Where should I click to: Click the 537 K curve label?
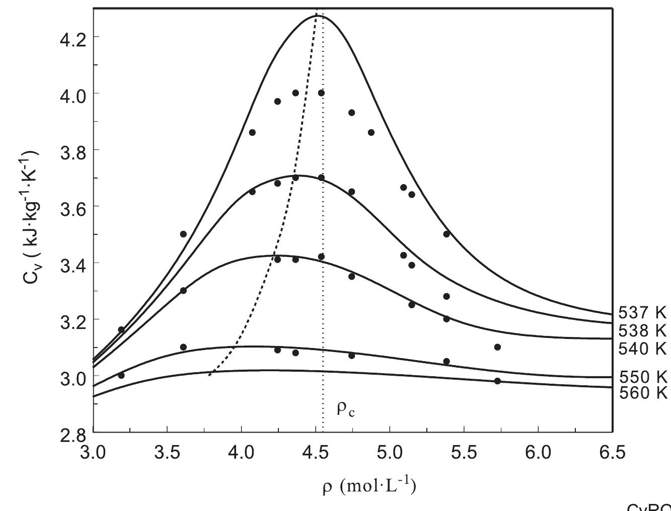[642, 313]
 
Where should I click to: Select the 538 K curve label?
[642, 330]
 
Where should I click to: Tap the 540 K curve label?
[642, 348]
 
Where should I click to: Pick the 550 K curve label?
[642, 377]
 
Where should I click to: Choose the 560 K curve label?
[642, 393]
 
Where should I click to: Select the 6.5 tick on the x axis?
[612, 453]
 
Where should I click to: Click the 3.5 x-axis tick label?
[167, 453]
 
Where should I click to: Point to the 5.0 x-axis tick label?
[390, 453]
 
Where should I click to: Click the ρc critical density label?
[345, 409]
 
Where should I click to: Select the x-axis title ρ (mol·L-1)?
[369, 487]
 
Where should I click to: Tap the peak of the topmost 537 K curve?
[318, 16]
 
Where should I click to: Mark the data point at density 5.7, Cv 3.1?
[497, 347]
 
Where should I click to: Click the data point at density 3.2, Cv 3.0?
[121, 375]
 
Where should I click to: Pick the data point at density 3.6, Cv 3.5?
[183, 234]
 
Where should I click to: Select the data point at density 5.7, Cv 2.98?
[497, 381]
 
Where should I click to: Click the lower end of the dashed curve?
[210, 375]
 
